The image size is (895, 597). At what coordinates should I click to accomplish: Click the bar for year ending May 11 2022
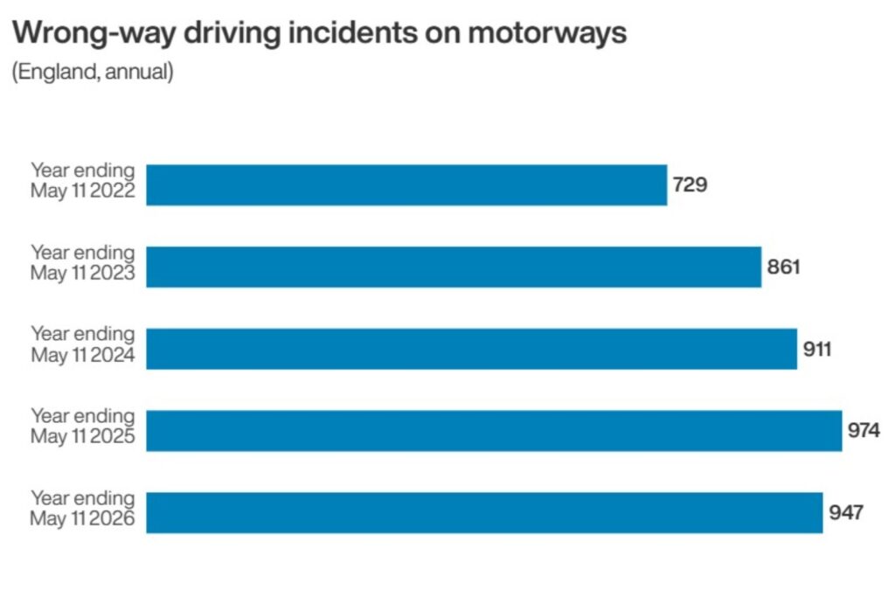pos(406,185)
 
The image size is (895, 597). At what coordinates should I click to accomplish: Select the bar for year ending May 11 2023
pos(454,267)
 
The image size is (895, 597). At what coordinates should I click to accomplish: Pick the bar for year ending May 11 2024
pos(471,349)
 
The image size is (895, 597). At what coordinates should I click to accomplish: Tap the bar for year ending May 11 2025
pos(494,431)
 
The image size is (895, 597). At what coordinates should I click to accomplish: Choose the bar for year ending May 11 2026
pos(484,512)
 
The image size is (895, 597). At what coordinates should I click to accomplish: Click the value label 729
pos(690,185)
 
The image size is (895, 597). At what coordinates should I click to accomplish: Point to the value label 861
pos(784,267)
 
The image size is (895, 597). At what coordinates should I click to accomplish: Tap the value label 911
pos(817,349)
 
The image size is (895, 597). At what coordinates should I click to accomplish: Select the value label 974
pos(864,430)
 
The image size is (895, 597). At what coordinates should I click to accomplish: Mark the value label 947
pos(846,512)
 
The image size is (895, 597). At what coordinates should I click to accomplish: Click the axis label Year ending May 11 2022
pos(83,180)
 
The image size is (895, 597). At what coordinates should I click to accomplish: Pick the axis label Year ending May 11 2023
pos(83,262)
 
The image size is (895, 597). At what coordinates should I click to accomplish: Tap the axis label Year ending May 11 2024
pos(83,344)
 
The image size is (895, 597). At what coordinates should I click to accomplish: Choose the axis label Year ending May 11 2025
pos(83,427)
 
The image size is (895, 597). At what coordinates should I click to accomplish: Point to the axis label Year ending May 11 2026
pos(83,508)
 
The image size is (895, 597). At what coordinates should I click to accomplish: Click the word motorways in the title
pos(547,33)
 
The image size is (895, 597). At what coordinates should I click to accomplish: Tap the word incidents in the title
pos(353,32)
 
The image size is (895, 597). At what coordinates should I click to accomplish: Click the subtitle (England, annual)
pos(93,73)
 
